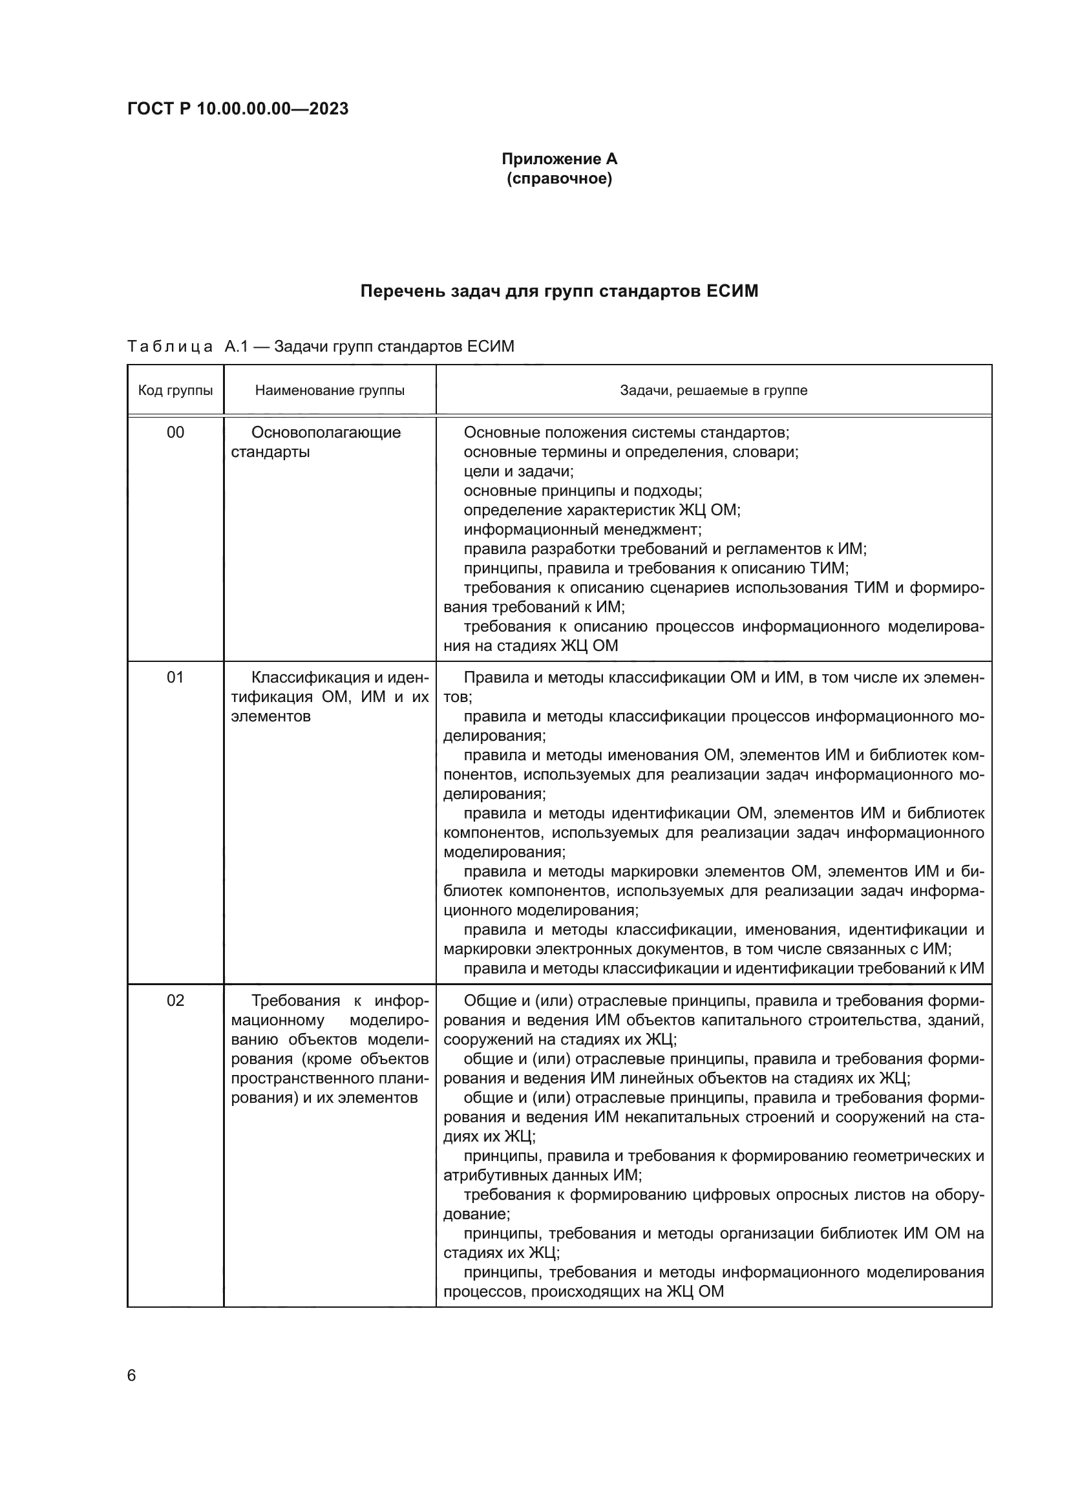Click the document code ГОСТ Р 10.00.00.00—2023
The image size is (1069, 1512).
[238, 109]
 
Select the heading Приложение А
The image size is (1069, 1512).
[559, 159]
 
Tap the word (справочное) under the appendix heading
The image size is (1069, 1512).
[559, 178]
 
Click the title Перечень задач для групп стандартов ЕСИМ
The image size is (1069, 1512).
[559, 291]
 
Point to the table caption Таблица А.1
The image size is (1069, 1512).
[321, 346]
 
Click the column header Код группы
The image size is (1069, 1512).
[175, 390]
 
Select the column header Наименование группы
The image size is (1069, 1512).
[330, 390]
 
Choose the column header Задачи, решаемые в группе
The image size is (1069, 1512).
[714, 390]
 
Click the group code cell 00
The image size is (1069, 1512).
[175, 432]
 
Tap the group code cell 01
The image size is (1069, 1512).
[175, 677]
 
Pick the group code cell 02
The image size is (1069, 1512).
[175, 1000]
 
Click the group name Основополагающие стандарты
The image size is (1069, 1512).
[316, 442]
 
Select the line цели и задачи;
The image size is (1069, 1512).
[519, 471]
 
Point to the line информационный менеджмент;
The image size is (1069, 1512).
[582, 529]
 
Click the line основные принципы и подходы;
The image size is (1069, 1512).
[582, 491]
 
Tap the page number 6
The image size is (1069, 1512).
[132, 1376]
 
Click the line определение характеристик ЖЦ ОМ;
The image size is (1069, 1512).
[602, 511]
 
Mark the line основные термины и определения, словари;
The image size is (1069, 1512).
[631, 453]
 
